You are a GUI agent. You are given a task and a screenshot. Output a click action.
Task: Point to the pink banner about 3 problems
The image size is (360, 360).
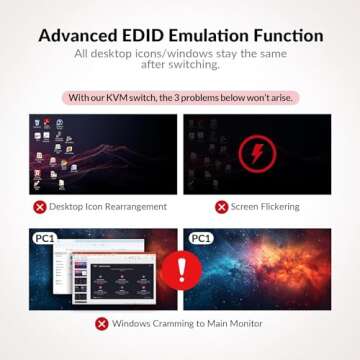click(x=180, y=98)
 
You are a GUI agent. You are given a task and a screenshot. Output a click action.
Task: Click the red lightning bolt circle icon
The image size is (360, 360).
click(x=263, y=154)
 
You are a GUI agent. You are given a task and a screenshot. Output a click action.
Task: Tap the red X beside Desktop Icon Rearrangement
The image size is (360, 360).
click(x=40, y=207)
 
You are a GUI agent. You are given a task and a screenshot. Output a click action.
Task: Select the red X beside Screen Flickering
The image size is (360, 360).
click(x=220, y=207)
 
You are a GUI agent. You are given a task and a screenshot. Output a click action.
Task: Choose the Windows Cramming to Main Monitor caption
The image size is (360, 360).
click(x=187, y=323)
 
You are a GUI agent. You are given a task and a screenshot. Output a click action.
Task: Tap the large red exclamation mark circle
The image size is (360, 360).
click(x=180, y=268)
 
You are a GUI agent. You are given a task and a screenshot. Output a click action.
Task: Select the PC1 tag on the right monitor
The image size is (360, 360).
click(x=199, y=239)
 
